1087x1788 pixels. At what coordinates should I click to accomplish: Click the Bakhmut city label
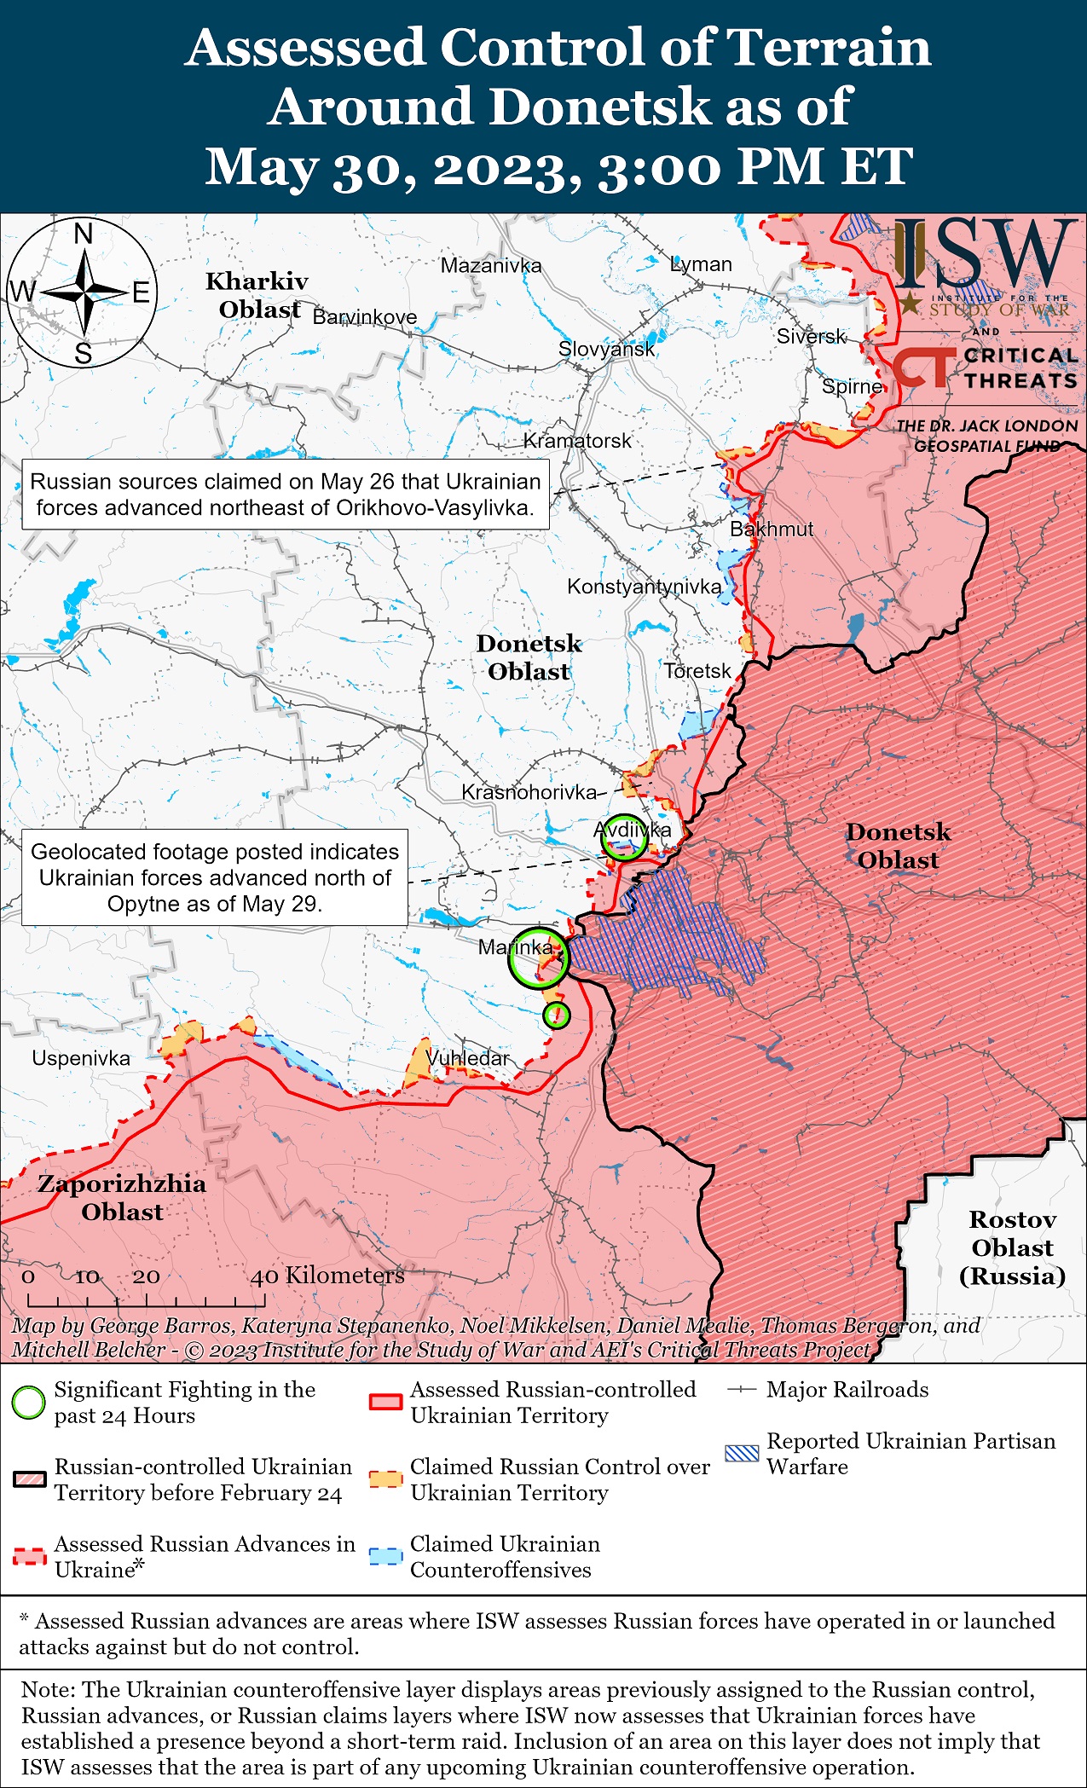click(771, 529)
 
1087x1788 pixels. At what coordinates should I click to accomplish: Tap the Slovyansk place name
click(606, 349)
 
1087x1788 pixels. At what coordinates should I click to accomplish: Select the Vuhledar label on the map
click(467, 1058)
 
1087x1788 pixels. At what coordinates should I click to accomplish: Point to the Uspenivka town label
click(81, 1058)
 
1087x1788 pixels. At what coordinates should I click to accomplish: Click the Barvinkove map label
click(365, 317)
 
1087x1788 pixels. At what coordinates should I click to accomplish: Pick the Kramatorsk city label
click(577, 441)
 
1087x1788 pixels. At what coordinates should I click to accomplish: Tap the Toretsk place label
click(697, 671)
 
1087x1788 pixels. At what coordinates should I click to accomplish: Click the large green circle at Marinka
click(538, 958)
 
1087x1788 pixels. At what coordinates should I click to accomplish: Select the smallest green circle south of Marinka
click(557, 1015)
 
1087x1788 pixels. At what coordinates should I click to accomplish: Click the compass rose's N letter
click(84, 233)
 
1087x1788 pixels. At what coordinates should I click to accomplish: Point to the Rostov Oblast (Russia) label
click(1012, 1247)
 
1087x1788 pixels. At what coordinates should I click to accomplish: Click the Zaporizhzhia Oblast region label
click(122, 1197)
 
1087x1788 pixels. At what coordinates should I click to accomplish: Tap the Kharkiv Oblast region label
click(257, 295)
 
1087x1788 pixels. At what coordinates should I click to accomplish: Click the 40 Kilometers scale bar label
click(327, 1276)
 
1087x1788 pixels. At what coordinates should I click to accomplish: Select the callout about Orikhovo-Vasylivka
click(286, 495)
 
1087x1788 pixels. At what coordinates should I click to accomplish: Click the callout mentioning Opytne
click(215, 877)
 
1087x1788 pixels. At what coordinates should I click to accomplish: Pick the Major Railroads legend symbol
click(742, 1390)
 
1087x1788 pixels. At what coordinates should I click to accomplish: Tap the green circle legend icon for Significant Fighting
click(29, 1403)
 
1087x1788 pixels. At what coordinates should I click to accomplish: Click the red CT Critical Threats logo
click(924, 367)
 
